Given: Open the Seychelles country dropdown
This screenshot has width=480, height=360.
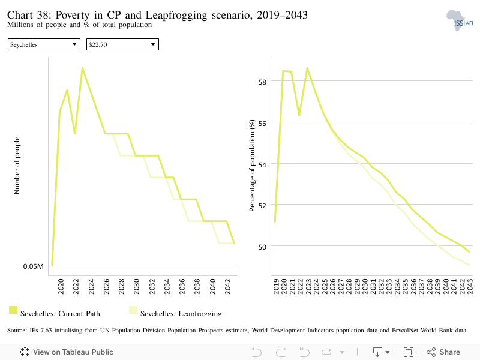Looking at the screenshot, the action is (x=44, y=44).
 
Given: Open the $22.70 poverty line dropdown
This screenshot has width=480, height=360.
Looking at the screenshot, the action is (x=122, y=44).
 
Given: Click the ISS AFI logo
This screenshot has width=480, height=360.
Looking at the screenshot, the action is (x=460, y=20).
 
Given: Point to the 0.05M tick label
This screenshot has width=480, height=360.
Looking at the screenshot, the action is (x=34, y=266).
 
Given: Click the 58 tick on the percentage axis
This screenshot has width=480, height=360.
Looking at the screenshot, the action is (x=262, y=82).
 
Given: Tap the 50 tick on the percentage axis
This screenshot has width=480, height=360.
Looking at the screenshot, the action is (x=262, y=247).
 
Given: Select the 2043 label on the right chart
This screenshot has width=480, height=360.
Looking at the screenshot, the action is (x=470, y=286).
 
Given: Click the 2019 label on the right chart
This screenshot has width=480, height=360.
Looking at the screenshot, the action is (x=276, y=286).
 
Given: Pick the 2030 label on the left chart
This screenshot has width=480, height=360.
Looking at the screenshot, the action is (x=137, y=286).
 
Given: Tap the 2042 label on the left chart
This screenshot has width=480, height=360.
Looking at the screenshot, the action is (x=227, y=286).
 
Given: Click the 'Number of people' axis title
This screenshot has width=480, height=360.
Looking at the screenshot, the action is (x=17, y=166).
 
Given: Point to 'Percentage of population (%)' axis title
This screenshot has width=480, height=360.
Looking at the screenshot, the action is (x=252, y=166).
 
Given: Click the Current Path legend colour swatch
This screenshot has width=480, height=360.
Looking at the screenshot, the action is (x=13, y=310).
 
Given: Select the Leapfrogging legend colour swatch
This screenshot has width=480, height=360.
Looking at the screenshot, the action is (x=133, y=310).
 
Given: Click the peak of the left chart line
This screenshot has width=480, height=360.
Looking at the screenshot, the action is (x=82, y=68).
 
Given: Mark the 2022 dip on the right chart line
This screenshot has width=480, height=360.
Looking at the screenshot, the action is (x=299, y=115).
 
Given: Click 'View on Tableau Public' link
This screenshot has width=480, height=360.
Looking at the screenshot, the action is (x=67, y=352).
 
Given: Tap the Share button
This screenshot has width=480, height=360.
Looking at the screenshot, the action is (x=443, y=352).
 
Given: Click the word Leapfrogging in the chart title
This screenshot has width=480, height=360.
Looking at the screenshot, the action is (x=176, y=16).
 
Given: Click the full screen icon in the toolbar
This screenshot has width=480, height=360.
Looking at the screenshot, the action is (x=409, y=352).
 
